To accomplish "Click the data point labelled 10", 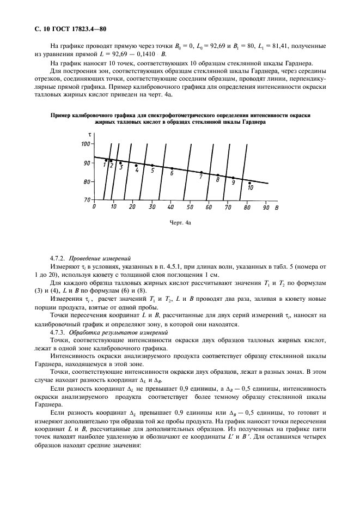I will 249,183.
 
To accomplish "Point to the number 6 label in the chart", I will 172,173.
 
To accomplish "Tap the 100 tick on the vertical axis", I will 84,144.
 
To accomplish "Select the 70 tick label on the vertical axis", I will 86,200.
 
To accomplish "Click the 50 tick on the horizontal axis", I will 190,208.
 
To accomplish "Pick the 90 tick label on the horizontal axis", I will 266,208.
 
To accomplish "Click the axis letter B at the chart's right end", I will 276,208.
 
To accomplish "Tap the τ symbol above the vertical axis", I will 89,133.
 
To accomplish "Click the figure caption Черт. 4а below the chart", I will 180,222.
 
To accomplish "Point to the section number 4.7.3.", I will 58,332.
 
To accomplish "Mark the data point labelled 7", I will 201,172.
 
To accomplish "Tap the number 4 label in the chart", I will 137,170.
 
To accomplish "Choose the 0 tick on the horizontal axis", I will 94,208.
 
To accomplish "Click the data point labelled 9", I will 233,178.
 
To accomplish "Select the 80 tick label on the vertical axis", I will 86,181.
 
